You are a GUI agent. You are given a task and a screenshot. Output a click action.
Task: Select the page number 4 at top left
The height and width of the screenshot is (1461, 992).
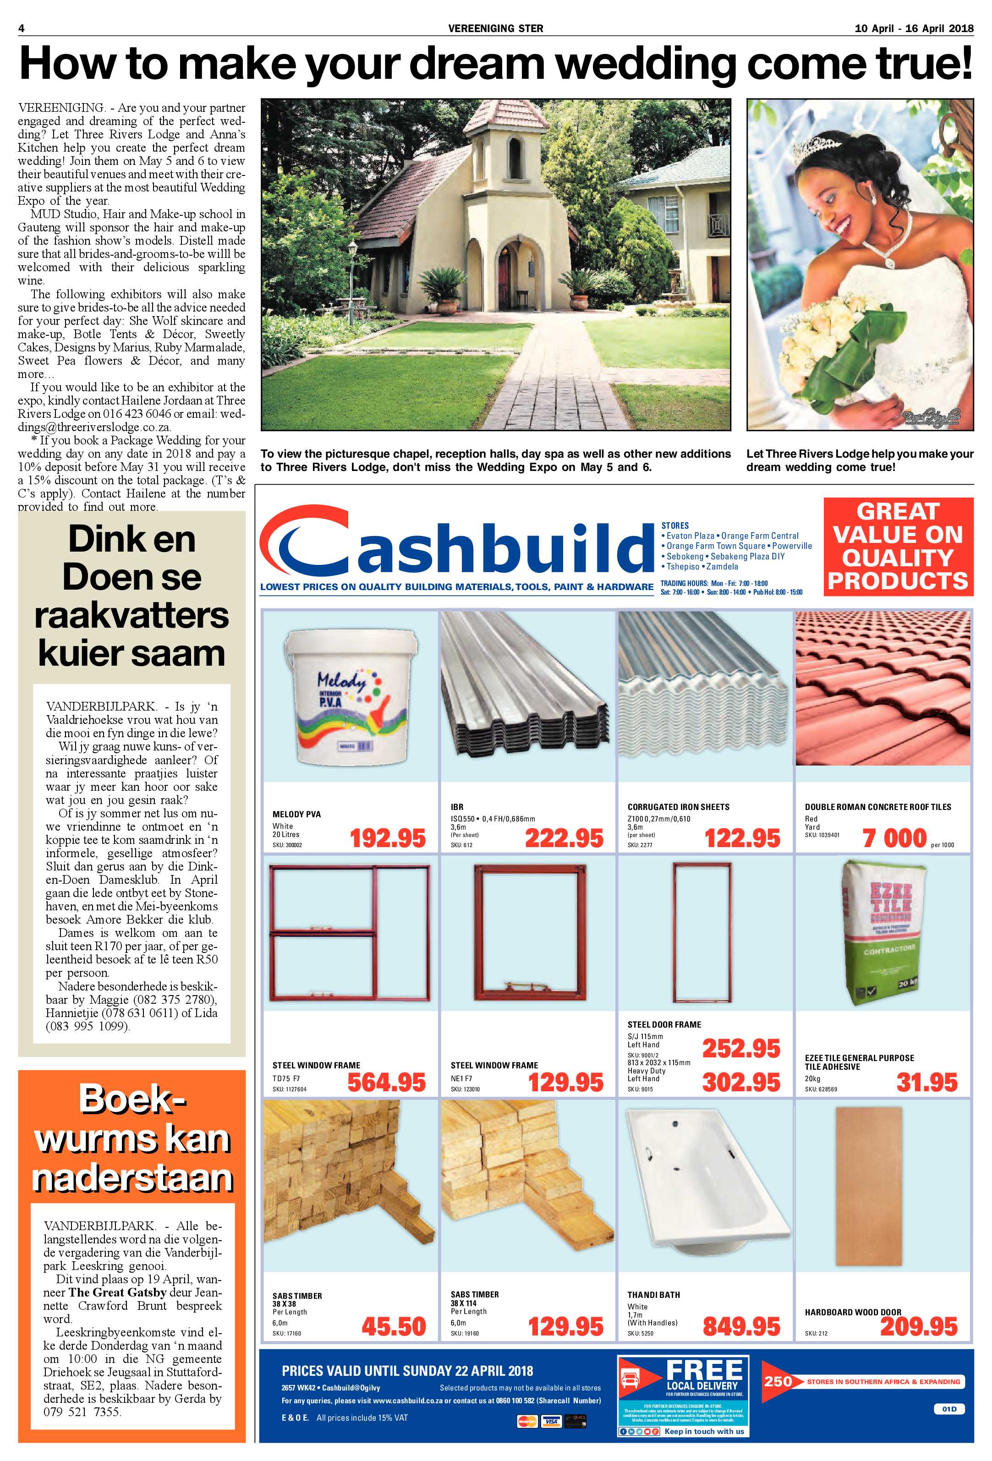(22, 28)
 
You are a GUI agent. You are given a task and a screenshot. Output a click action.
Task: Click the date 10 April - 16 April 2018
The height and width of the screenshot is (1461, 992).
(914, 28)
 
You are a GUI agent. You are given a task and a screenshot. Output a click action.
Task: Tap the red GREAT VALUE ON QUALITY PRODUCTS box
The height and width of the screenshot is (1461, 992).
(898, 546)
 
